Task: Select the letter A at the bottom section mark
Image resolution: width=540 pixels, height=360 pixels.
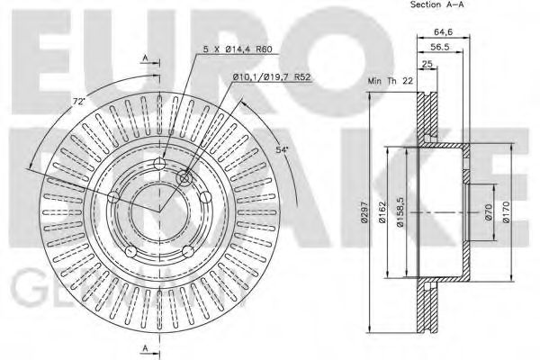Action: tap(144, 348)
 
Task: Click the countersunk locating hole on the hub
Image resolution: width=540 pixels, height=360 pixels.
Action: tap(186, 179)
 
